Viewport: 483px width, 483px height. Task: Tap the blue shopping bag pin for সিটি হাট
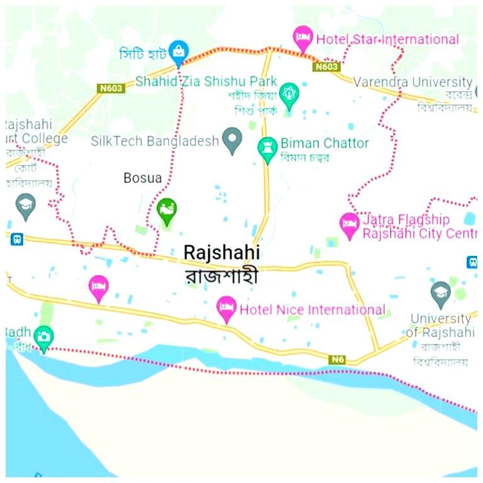click(x=179, y=52)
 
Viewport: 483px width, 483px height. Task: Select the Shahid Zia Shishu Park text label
click(x=206, y=82)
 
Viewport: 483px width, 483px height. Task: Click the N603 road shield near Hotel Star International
click(x=327, y=66)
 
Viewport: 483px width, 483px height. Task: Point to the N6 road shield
click(x=338, y=359)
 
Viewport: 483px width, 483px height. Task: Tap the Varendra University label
click(x=412, y=82)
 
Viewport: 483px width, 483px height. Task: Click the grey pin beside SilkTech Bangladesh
click(x=233, y=140)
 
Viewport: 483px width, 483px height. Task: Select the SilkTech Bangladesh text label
click(x=154, y=141)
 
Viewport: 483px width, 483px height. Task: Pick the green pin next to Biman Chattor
click(x=267, y=149)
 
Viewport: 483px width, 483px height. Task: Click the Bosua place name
click(x=142, y=178)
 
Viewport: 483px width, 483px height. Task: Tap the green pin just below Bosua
click(x=166, y=210)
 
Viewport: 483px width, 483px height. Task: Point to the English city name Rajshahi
click(x=221, y=252)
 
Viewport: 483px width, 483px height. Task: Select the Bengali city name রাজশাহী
click(x=221, y=276)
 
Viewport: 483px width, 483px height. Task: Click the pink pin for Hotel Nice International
click(x=226, y=308)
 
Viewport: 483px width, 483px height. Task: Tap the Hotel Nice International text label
click(x=312, y=309)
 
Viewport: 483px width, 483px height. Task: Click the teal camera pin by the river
click(x=43, y=338)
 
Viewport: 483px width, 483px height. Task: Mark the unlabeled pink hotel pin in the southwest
click(x=98, y=287)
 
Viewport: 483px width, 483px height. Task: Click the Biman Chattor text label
click(x=325, y=143)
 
